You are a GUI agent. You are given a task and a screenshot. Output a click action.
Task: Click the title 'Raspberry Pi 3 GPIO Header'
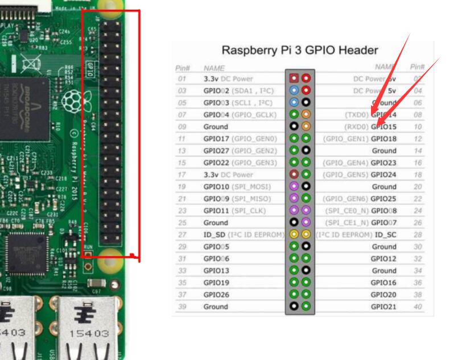(x=300, y=49)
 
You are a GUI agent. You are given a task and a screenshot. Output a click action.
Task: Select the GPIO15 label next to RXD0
(x=384, y=126)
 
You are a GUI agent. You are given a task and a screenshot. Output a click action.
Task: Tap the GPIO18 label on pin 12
(x=384, y=139)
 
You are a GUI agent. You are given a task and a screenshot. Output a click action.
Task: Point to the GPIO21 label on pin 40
(x=384, y=307)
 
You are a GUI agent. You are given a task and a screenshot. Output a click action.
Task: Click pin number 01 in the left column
(x=182, y=78)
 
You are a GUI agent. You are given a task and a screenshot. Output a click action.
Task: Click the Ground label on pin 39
(x=216, y=307)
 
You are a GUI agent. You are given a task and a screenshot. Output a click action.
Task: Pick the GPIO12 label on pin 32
(x=384, y=259)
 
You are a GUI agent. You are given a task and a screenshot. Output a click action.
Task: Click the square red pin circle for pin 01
(x=294, y=78)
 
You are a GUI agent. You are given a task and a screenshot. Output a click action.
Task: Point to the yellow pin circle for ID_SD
(x=294, y=235)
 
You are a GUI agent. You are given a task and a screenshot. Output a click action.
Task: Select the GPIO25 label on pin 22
(x=384, y=198)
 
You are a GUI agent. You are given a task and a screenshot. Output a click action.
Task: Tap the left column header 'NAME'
(x=214, y=68)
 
